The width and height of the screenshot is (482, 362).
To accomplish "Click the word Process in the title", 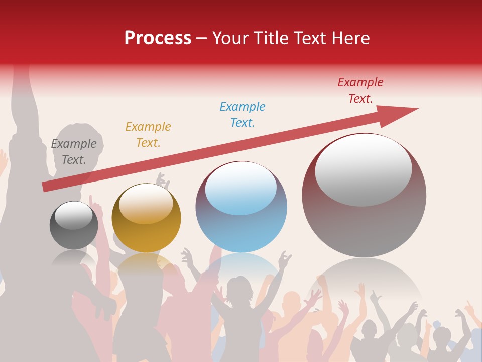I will (x=158, y=38).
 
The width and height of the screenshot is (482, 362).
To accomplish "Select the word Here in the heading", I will (x=350, y=38).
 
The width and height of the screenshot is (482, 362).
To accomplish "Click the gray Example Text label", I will (x=74, y=152).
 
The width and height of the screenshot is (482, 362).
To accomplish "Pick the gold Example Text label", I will (x=148, y=135).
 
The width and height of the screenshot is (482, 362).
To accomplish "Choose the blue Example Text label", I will (x=243, y=115).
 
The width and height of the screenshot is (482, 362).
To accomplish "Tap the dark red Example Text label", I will (x=360, y=90).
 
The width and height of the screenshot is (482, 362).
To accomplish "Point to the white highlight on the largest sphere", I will (x=364, y=169).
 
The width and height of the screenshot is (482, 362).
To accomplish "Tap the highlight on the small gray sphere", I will (x=73, y=215).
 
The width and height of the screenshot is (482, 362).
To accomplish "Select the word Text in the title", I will (x=309, y=38).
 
